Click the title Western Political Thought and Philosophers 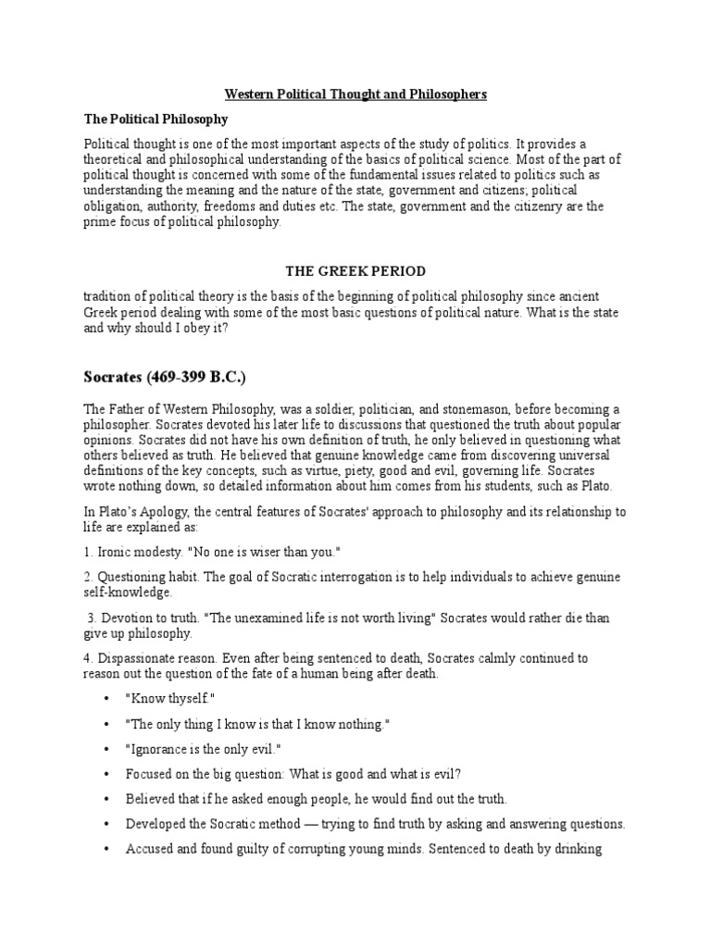(355, 94)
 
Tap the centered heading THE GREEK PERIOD (355, 271)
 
